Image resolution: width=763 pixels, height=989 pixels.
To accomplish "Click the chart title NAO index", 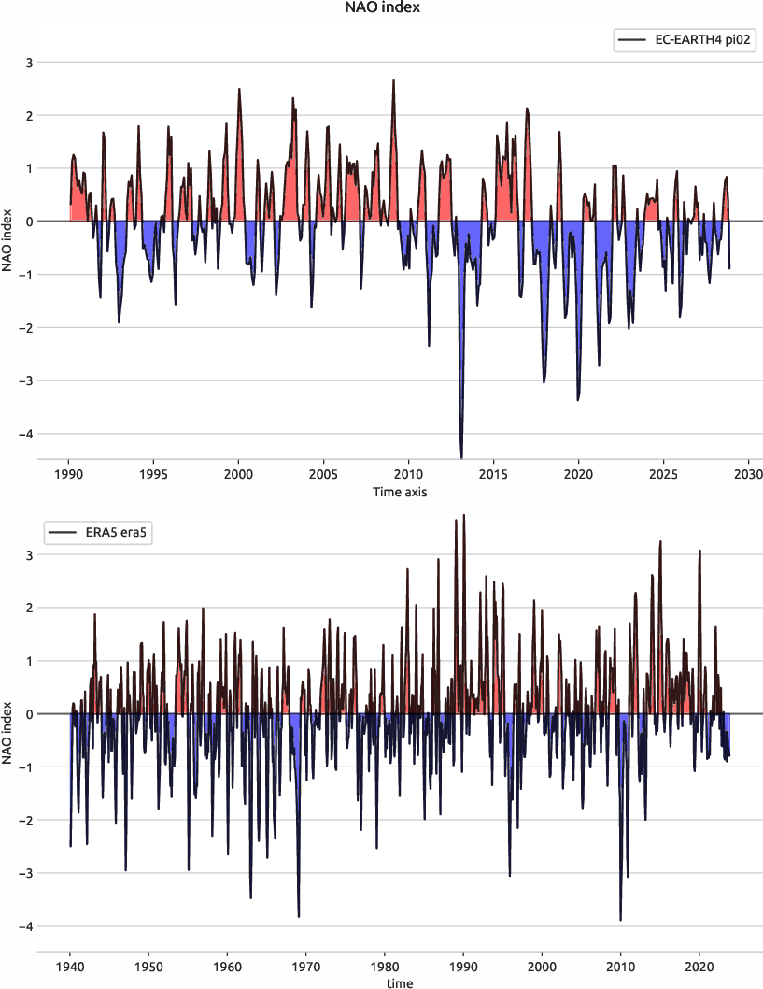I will [x=381, y=8].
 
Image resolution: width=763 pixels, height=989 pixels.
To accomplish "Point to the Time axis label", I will [x=400, y=492].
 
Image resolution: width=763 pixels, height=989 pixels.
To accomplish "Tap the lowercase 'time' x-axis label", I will [x=400, y=982].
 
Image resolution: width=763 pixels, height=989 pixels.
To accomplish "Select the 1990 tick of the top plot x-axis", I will [x=69, y=475].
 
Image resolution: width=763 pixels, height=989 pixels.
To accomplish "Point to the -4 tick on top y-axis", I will [x=27, y=434].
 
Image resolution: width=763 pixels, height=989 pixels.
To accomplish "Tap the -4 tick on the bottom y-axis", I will [x=27, y=926].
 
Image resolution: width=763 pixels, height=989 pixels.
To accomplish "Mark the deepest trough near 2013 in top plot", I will [x=461, y=456].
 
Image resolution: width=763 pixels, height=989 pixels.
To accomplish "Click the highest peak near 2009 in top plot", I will [x=393, y=81].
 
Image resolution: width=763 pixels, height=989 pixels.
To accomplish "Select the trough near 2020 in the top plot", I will [x=578, y=399].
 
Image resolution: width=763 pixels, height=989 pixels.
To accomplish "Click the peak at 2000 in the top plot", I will [x=239, y=90].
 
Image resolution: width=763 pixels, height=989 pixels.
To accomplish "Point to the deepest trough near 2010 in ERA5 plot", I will [x=620, y=920].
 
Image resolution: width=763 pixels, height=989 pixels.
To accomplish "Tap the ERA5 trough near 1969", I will [x=299, y=916].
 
